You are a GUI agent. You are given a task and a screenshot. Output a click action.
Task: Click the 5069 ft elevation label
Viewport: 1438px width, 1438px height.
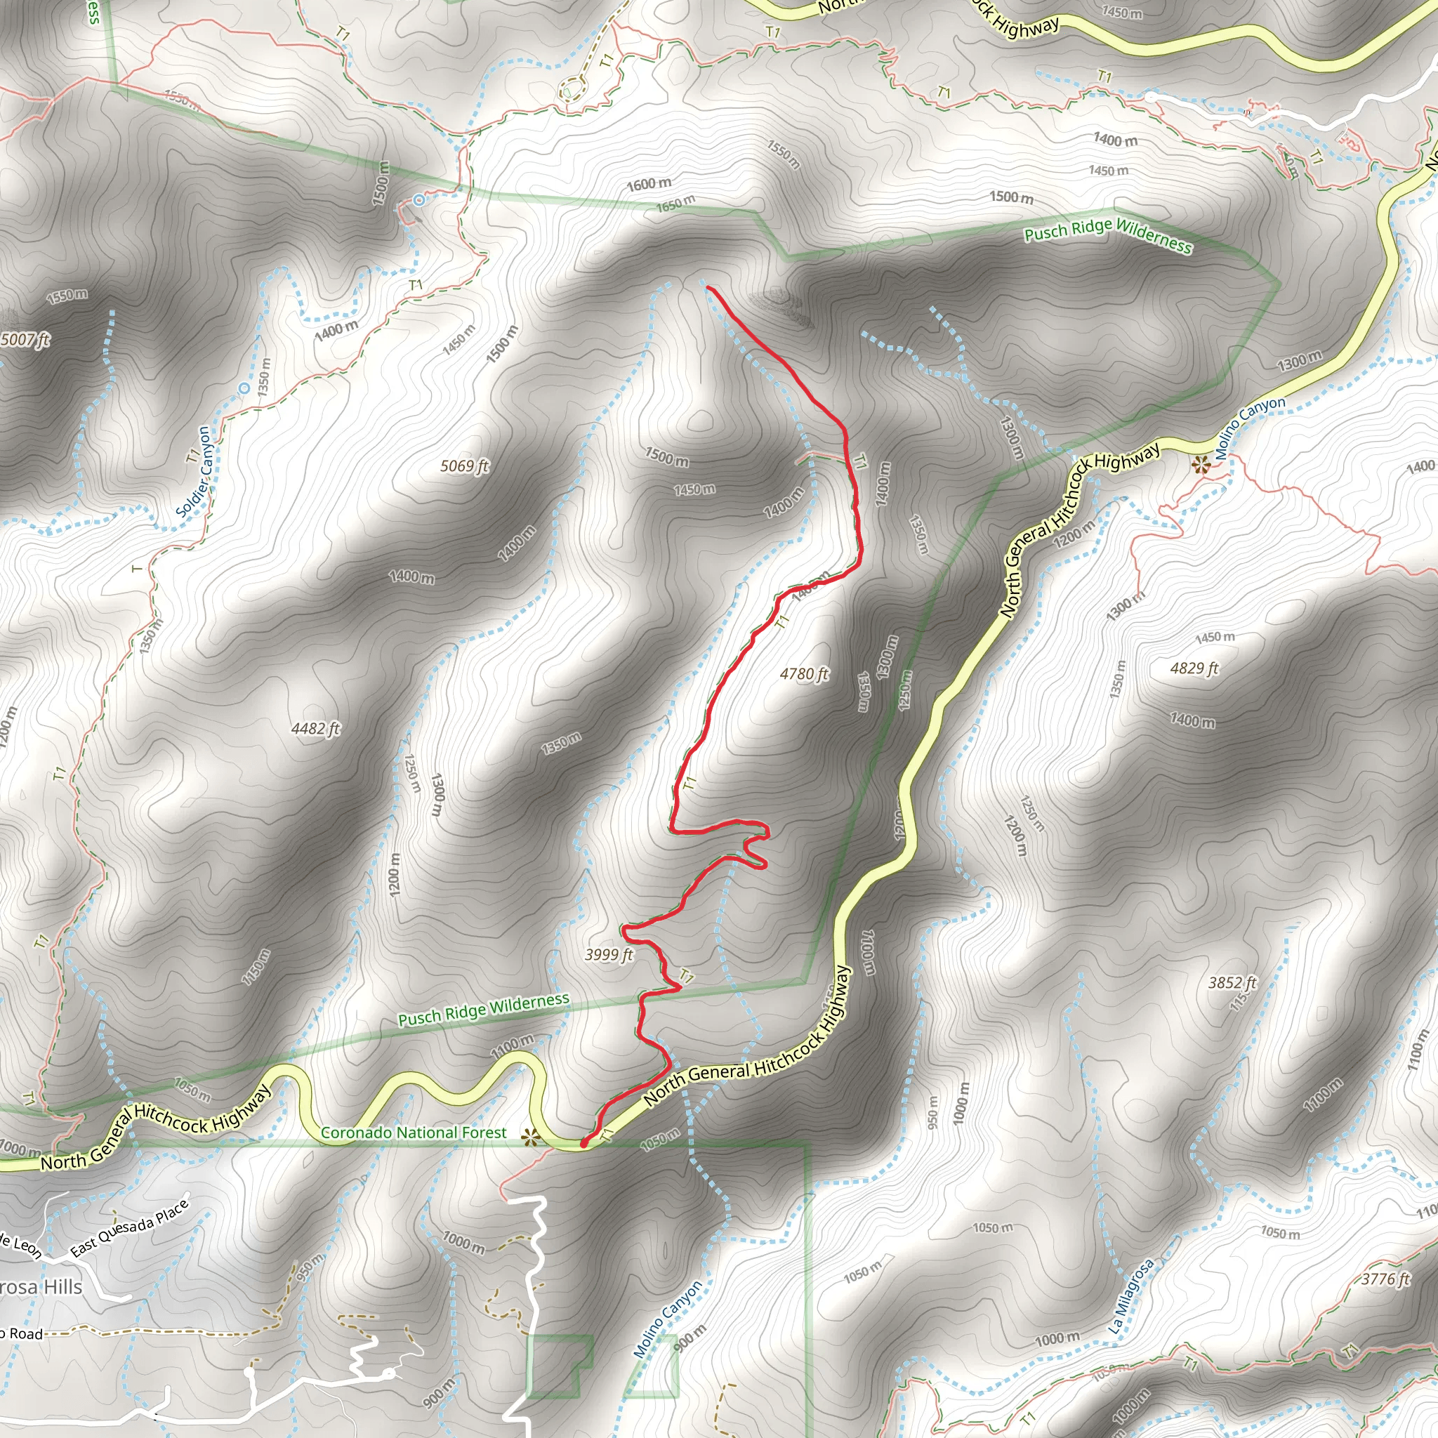[x=464, y=466]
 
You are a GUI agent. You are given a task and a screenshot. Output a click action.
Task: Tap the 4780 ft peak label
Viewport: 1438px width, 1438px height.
[x=804, y=674]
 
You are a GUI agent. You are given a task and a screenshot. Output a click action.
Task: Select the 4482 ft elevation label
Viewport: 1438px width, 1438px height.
[x=315, y=729]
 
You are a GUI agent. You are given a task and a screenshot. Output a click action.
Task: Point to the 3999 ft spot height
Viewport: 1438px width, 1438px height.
[x=608, y=955]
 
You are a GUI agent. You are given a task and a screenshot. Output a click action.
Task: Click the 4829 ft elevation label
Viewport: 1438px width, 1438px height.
[x=1194, y=668]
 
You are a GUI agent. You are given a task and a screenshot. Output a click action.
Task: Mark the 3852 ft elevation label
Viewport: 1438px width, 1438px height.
[x=1232, y=983]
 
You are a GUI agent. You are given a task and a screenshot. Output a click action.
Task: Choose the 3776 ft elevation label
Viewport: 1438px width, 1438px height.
[x=1385, y=1279]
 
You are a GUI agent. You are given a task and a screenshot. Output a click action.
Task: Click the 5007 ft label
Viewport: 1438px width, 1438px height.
[x=25, y=340]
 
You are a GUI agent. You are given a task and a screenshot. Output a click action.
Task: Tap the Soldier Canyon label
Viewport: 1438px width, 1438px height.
[x=195, y=472]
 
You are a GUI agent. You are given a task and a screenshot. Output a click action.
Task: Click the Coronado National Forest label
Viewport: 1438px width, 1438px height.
[x=413, y=1133]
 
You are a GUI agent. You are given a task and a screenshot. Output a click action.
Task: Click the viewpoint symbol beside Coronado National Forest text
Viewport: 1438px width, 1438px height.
[x=530, y=1137]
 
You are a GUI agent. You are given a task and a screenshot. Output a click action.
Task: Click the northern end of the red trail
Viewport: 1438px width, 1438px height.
[x=707, y=287]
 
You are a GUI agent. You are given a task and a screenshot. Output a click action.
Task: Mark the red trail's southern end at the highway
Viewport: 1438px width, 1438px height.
[x=583, y=1142]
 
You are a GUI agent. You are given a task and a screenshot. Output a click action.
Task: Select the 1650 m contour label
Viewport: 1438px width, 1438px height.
[x=676, y=202]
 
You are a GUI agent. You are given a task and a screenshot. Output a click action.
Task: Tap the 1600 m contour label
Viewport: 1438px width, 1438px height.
[x=649, y=183]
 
